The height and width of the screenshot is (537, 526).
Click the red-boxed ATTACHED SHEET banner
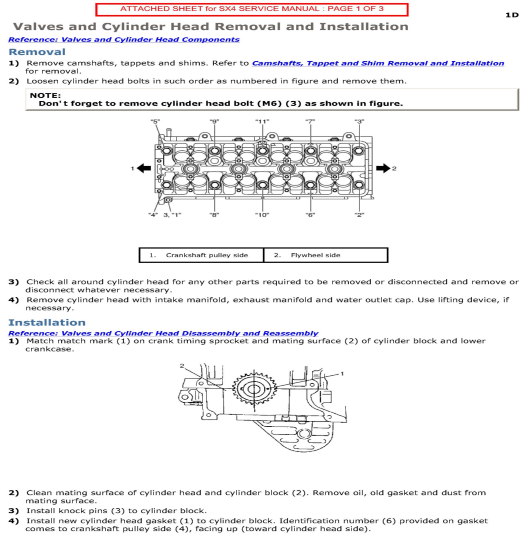point(252,9)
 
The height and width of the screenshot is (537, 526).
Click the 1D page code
point(512,15)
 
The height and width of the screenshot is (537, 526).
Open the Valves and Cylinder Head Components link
point(124,40)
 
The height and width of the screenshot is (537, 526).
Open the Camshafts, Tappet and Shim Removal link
point(378,63)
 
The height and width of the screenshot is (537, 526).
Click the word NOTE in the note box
point(45,96)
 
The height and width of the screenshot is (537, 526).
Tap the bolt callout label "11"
point(262,122)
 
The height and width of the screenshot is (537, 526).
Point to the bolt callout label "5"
point(155,122)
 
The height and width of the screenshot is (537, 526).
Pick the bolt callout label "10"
point(262,215)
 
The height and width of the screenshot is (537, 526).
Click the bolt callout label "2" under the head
point(359,215)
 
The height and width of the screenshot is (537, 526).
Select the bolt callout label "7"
point(310,122)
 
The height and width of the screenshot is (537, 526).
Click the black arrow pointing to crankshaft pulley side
point(144,168)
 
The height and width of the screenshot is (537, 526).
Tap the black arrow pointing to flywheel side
point(383,168)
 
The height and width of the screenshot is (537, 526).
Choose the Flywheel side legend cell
point(326,255)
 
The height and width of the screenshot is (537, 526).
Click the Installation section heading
point(47,322)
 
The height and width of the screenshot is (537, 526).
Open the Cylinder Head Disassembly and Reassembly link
point(163,333)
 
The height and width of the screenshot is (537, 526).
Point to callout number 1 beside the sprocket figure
point(342,374)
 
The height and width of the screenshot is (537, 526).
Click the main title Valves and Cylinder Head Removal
point(210,27)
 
